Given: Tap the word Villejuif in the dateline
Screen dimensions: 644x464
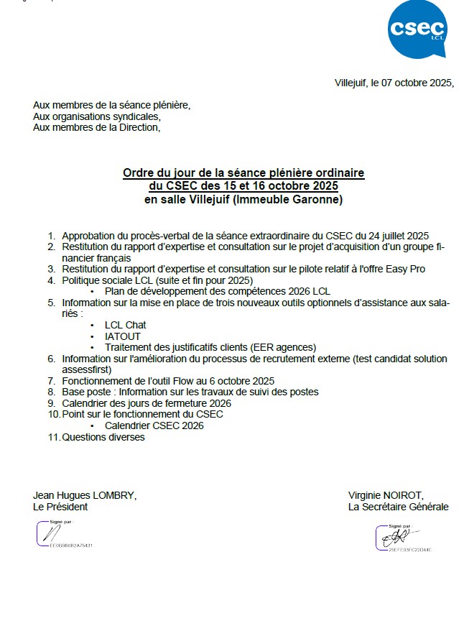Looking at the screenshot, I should coord(351,83).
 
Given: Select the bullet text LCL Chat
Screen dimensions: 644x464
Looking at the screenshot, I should coord(125,325).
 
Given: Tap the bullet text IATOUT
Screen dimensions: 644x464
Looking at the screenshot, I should coord(123,336).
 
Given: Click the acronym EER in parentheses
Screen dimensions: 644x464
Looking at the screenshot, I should coord(261,346).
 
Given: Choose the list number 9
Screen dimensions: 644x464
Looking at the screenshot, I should coord(52,403).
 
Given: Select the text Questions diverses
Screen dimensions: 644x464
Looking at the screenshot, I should coord(103,437).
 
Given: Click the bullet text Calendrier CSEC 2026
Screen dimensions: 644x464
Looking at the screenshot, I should coord(154,425).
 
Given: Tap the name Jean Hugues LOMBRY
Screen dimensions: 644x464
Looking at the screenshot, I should coord(85,495).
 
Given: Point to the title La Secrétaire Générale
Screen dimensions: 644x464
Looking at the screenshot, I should coord(398,507).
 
